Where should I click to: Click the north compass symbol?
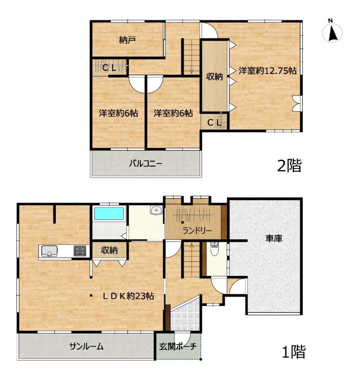tap(332, 32)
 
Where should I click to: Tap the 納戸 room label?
tap(127, 40)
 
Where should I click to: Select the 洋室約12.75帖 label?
tap(268, 70)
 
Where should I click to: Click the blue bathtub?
tap(109, 214)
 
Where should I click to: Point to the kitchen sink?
tap(50, 251)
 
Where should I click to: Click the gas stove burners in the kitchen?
tap(80, 250)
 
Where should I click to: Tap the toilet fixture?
tap(214, 249)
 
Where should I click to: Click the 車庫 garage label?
tap(274, 239)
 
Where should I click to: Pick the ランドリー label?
tap(197, 231)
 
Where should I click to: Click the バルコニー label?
tap(146, 164)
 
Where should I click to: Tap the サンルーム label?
tap(87, 346)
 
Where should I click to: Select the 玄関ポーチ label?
tap(178, 347)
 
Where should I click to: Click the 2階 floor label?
tap(290, 166)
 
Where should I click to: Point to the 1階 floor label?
tap(293, 352)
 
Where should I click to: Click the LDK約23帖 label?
tap(128, 296)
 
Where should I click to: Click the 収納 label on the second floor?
tap(214, 77)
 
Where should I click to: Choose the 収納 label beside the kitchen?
tap(109, 250)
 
